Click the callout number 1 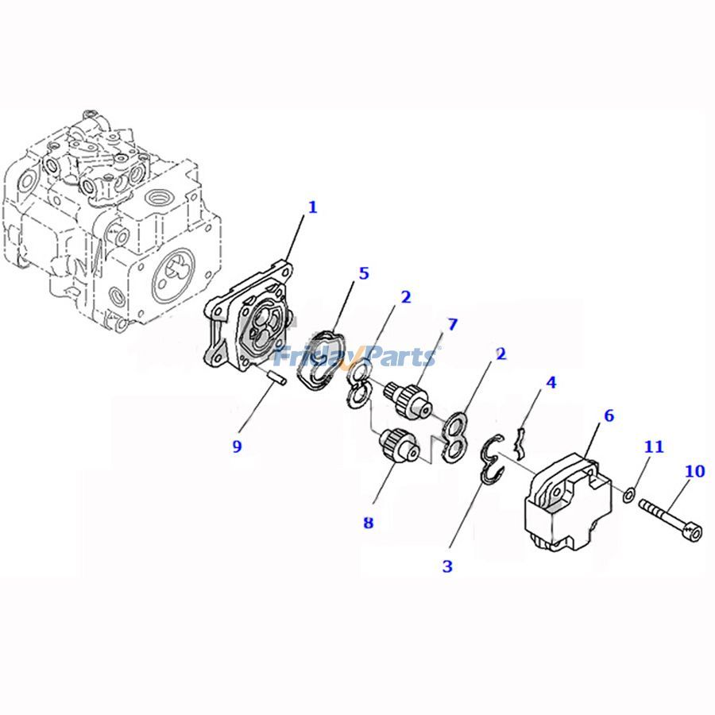(x=312, y=207)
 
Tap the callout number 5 (x=364, y=273)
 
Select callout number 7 (x=452, y=324)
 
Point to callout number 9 (x=237, y=446)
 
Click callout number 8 (x=368, y=523)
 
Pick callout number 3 (x=447, y=566)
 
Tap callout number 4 (x=551, y=382)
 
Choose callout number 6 (x=609, y=415)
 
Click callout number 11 (x=653, y=447)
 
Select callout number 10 (x=694, y=472)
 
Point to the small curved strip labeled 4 (x=520, y=442)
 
